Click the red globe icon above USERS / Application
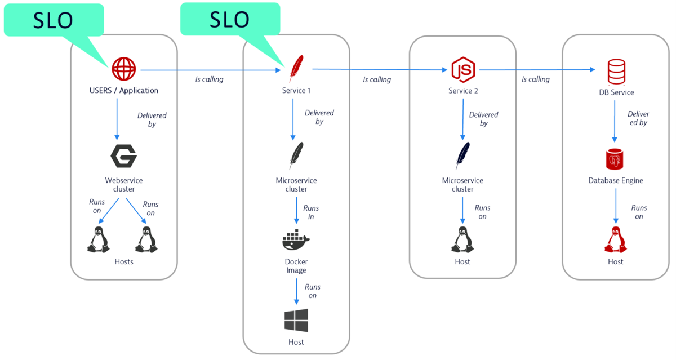[x=124, y=69]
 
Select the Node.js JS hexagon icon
[x=463, y=69]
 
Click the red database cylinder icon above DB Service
[x=616, y=71]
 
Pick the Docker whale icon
[x=296, y=241]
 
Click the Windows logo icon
[x=296, y=320]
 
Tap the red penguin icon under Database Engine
[x=615, y=240]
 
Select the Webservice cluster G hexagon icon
[x=124, y=156]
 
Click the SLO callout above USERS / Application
[x=54, y=20]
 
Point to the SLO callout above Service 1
[x=230, y=19]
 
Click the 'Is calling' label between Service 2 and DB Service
[x=535, y=79]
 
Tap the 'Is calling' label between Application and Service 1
[x=209, y=79]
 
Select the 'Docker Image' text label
[x=296, y=266]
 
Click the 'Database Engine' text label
[x=615, y=181]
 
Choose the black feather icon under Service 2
[x=462, y=155]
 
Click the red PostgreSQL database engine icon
[x=615, y=159]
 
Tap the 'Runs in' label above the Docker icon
[x=311, y=212]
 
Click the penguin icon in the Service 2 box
[x=462, y=240]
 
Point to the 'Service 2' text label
[x=462, y=91]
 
